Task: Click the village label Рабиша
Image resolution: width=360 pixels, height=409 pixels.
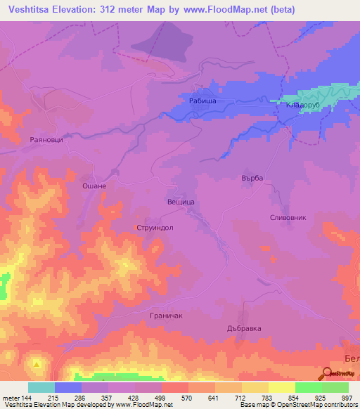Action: pyautogui.click(x=202, y=101)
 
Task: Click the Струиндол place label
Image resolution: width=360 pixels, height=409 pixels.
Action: pyautogui.click(x=155, y=228)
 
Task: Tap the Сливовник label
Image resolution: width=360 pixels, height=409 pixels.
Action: pyautogui.click(x=288, y=218)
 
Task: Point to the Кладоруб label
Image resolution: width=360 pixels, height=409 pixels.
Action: pyautogui.click(x=302, y=105)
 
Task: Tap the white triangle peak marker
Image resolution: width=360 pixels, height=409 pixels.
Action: pyautogui.click(x=37, y=364)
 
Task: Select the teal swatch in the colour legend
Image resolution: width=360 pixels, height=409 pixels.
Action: pyautogui.click(x=41, y=387)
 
